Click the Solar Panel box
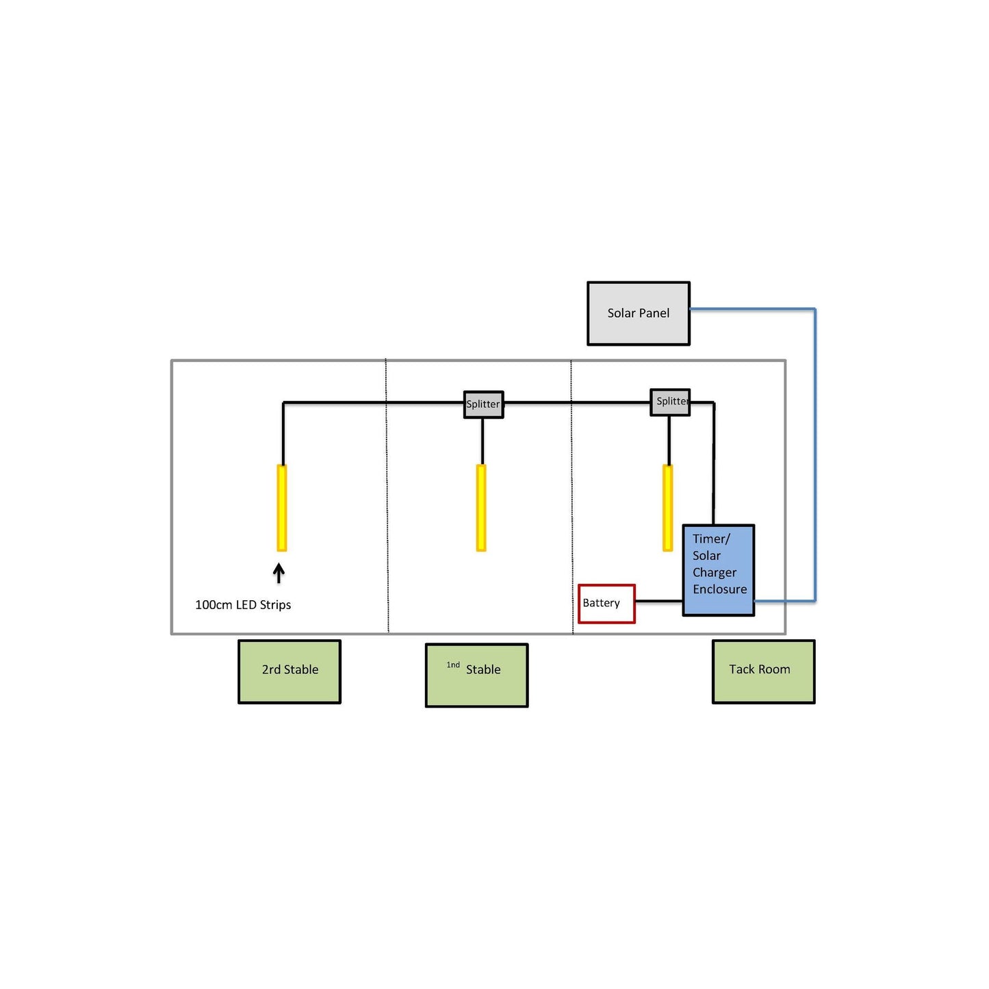(x=638, y=313)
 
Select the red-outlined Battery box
(x=606, y=604)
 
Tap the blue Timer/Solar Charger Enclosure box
(x=719, y=570)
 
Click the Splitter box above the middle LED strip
(x=483, y=404)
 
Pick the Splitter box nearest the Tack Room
(x=670, y=402)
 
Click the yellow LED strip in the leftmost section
(x=281, y=508)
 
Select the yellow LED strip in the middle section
(x=481, y=508)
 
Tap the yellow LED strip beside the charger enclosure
(x=668, y=508)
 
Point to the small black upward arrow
(x=279, y=573)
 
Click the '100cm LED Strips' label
(x=243, y=605)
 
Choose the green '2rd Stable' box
(x=290, y=671)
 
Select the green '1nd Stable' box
(x=476, y=675)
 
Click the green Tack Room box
(x=763, y=671)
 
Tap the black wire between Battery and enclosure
(x=658, y=602)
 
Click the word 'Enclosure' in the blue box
(x=719, y=589)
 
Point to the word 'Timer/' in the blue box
(x=711, y=539)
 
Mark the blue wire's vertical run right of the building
(x=814, y=455)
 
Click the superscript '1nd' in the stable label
(x=453, y=665)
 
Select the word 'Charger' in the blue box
(x=715, y=572)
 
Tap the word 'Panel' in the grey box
(x=654, y=313)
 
